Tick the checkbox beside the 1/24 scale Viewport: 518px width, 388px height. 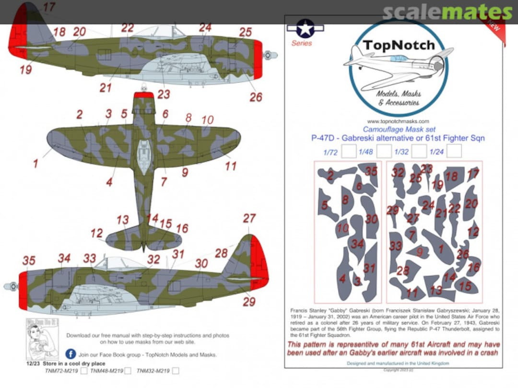pyautogui.click(x=454, y=151)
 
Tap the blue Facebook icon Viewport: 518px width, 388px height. pyautogui.click(x=70, y=354)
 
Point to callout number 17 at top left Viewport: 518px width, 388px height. pyautogui.click(x=49, y=7)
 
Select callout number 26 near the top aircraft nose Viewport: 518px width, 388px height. pyautogui.click(x=256, y=97)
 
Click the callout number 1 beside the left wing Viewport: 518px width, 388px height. pyautogui.click(x=35, y=164)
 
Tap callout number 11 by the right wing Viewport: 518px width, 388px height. pyautogui.click(x=231, y=166)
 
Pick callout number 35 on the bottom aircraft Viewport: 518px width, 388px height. pyautogui.click(x=29, y=261)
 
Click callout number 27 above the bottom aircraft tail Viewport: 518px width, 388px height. pyautogui.click(x=249, y=218)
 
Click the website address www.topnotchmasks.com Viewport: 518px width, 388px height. pyautogui.click(x=398, y=121)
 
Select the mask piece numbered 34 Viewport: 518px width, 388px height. pyautogui.click(x=357, y=245)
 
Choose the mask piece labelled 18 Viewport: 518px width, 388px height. pyautogui.click(x=451, y=177)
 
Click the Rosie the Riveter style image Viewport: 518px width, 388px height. pyautogui.click(x=42, y=338)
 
